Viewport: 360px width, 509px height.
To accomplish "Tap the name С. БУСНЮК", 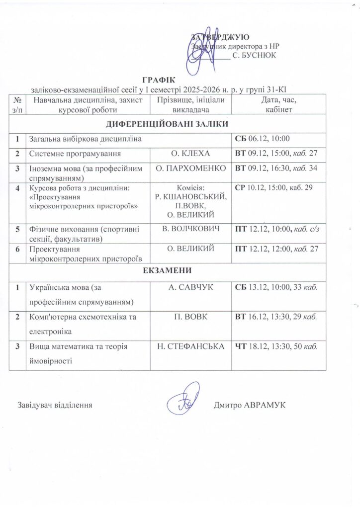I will point(254,55).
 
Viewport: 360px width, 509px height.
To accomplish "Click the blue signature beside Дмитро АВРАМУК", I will point(183,399).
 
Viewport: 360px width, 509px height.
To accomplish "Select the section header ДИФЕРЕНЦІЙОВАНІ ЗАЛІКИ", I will point(167,124).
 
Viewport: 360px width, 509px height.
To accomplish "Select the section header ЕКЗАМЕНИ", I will point(167,270).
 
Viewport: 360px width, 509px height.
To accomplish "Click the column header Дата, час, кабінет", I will point(279,105).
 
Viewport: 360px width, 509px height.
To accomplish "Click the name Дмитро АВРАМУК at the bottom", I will point(249,405).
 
